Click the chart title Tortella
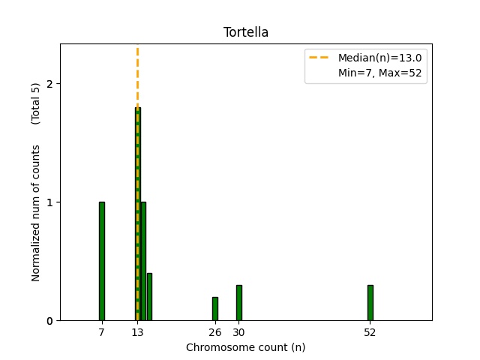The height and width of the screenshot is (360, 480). pos(245,32)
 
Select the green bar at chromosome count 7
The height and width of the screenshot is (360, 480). pos(101,261)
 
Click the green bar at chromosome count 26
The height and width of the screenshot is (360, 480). pos(214,309)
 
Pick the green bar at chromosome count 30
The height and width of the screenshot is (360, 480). pos(238,303)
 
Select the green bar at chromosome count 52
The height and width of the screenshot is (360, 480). pos(370,303)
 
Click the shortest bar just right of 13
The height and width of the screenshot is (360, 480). pos(149,297)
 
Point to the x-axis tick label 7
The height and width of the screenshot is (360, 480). pos(101,332)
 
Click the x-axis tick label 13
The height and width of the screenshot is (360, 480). pos(137,332)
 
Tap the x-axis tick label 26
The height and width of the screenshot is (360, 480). pos(214,332)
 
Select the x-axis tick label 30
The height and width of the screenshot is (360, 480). pos(238,332)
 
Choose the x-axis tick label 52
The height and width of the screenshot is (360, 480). pos(370,332)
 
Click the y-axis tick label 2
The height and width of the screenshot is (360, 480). pos(49,84)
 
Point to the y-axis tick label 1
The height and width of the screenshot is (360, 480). pos(49,202)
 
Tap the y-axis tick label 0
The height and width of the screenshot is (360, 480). pos(49,321)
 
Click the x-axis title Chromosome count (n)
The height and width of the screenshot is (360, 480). pos(245,347)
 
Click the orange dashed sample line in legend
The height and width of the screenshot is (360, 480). pos(320,58)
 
